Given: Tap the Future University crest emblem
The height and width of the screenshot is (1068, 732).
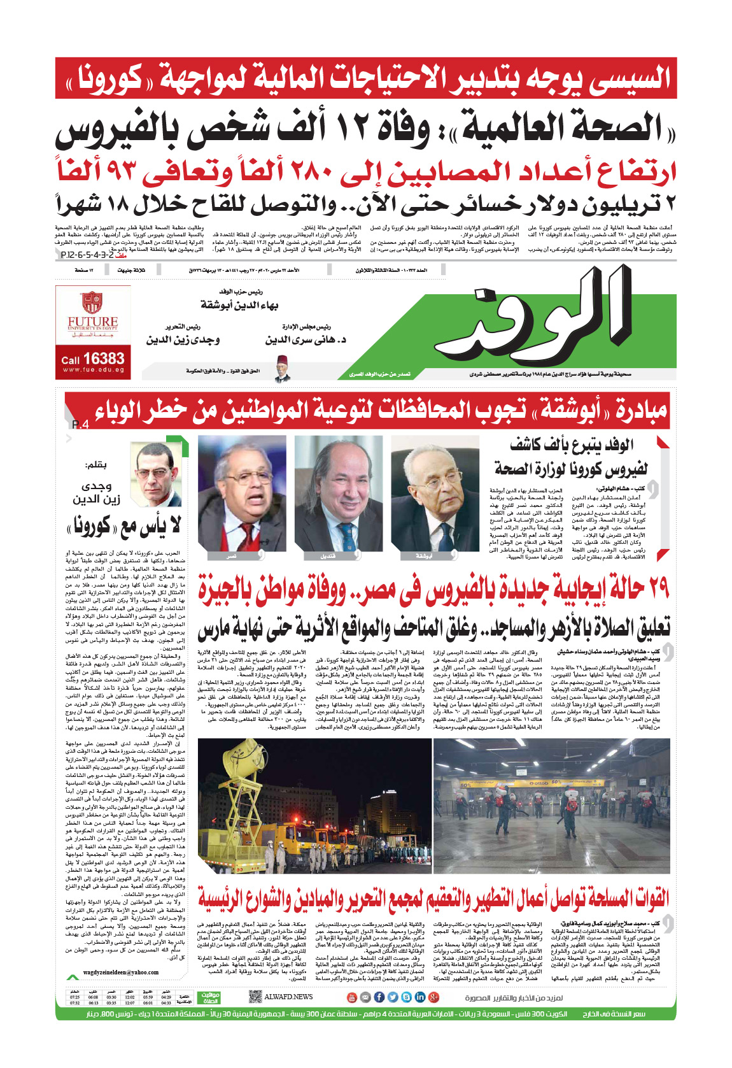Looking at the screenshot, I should (x=92, y=303).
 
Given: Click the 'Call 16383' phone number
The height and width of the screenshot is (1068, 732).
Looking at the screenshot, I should (x=93, y=359).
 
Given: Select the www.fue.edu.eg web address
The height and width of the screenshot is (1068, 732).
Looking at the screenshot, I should (x=93, y=370).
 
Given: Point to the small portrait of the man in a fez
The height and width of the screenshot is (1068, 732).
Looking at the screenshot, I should (x=282, y=368).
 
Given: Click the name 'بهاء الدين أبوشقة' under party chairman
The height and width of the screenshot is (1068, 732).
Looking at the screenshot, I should (x=239, y=305).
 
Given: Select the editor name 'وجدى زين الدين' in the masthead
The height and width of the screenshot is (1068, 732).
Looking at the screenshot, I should (x=183, y=339).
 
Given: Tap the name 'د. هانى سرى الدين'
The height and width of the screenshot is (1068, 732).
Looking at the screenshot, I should (x=306, y=339).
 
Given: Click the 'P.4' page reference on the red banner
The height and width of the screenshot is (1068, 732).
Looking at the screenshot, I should (x=80, y=425).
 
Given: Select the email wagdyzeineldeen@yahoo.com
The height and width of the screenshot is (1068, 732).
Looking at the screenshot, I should (x=121, y=972).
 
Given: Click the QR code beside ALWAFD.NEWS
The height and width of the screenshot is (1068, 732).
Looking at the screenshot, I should (x=255, y=997).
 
